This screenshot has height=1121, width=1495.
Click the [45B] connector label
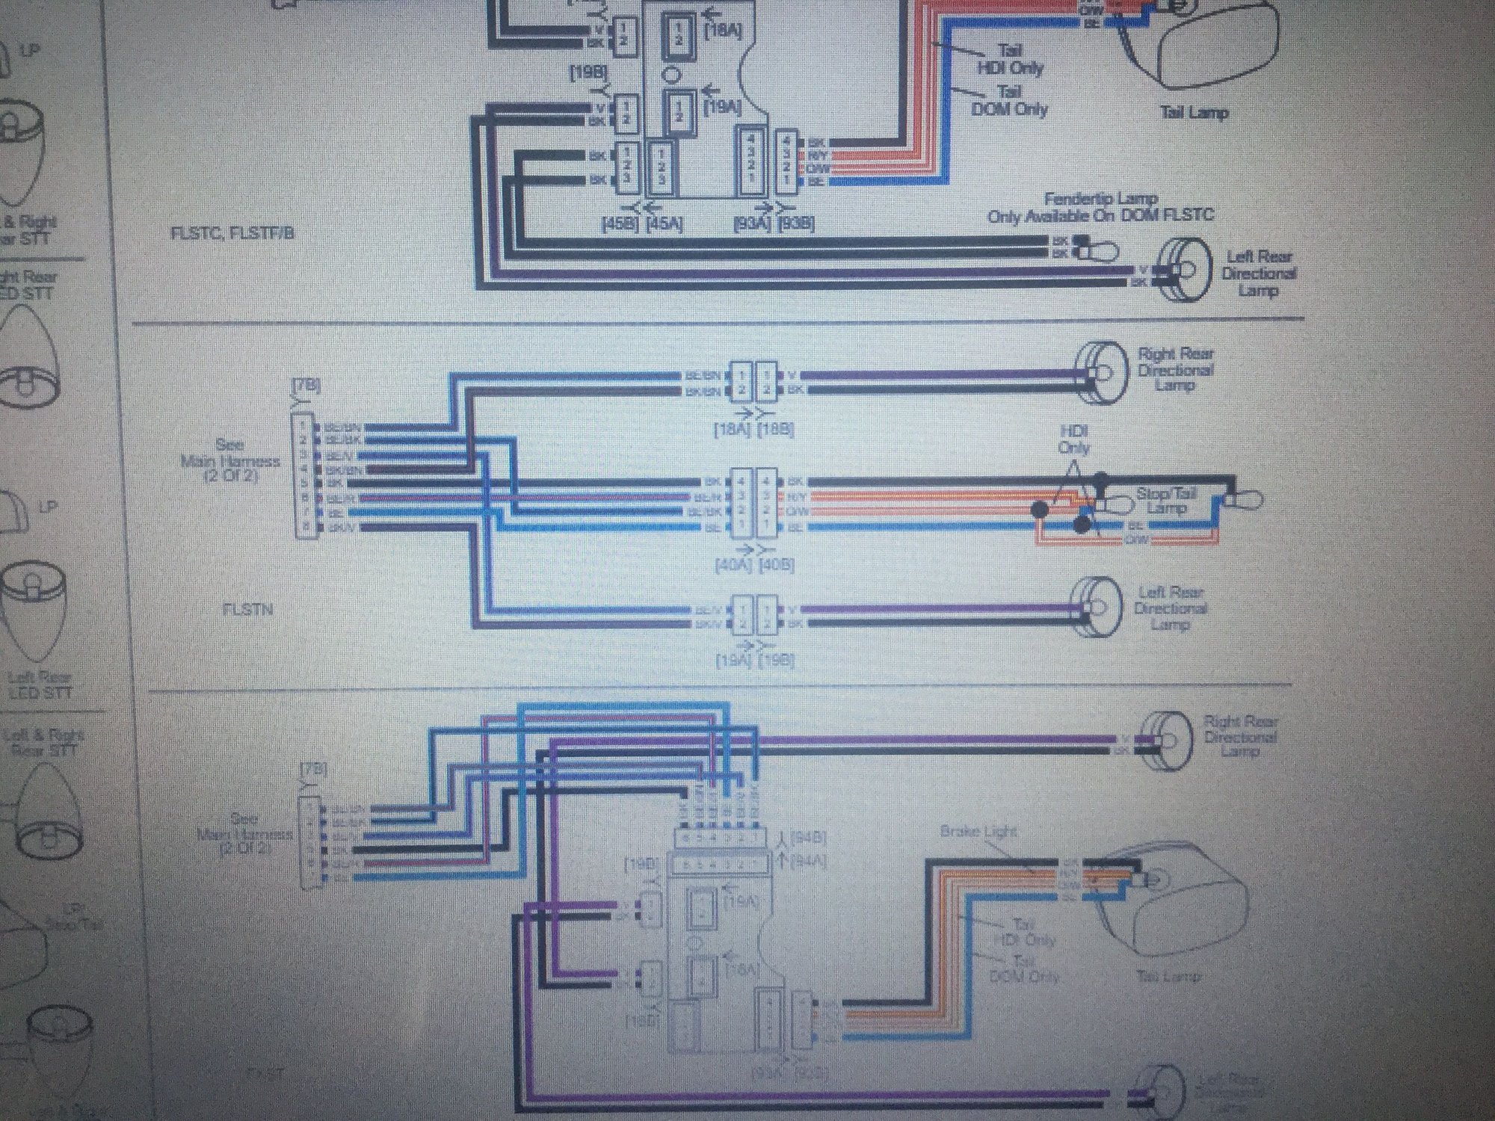(x=619, y=223)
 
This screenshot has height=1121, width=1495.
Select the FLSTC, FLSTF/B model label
(x=232, y=233)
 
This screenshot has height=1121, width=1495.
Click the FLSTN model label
(x=247, y=610)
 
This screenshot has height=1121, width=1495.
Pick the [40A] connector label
(x=736, y=565)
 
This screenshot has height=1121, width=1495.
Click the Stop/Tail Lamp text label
(x=1166, y=501)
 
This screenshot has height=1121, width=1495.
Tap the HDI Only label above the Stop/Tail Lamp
(x=1073, y=440)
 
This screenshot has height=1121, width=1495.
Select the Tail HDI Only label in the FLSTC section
(x=1011, y=59)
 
